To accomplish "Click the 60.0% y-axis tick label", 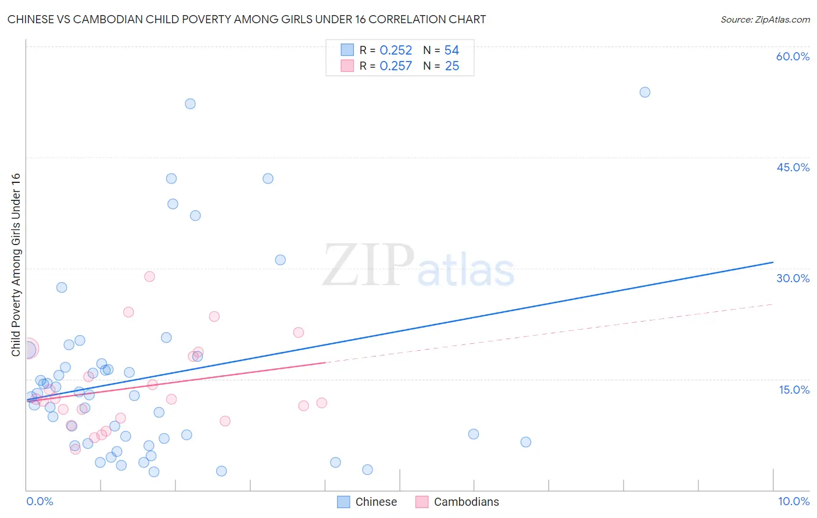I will click(x=793, y=56).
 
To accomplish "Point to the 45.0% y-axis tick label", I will click(x=793, y=167).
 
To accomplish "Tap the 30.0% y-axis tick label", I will click(x=793, y=278).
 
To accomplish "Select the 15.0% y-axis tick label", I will click(x=794, y=390).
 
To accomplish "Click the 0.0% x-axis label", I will click(x=40, y=501).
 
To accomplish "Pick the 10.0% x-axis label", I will click(x=793, y=501).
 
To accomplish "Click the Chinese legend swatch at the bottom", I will click(x=343, y=502).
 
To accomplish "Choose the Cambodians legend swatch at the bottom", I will click(x=422, y=502).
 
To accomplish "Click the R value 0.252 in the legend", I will click(x=396, y=51).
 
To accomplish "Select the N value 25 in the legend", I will click(x=452, y=66).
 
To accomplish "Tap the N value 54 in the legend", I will click(x=451, y=51).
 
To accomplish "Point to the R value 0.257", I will click(x=396, y=66).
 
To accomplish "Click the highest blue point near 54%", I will click(x=644, y=92).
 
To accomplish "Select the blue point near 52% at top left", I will click(x=190, y=104).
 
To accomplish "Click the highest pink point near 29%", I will click(x=149, y=276).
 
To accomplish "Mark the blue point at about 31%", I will click(x=280, y=260).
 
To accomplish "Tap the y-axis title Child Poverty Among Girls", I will click(x=16, y=264).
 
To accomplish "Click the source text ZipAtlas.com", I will click(x=765, y=20).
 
